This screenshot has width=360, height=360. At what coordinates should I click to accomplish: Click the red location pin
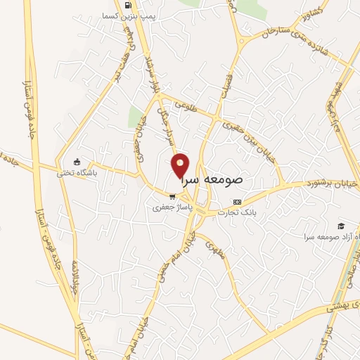(181, 166)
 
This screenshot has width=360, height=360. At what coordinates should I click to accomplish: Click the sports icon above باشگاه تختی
(77, 161)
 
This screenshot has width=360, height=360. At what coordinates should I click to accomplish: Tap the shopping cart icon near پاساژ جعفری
(172, 198)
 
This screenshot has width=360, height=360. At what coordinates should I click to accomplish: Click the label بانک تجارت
(236, 212)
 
